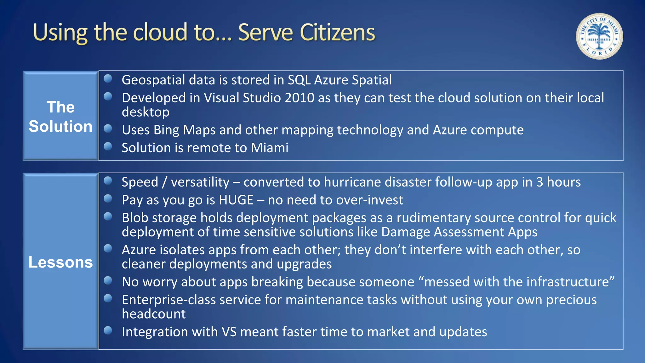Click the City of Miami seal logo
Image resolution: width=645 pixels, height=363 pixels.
[599, 36]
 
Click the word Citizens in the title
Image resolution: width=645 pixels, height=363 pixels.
[337, 32]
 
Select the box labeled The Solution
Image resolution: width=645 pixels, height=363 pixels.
[60, 116]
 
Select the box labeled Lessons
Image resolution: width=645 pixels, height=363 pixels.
[60, 262]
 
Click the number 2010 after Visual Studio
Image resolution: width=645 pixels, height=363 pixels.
[299, 98]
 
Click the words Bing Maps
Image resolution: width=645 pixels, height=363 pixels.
[185, 130]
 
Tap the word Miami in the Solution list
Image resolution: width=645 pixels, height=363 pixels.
[270, 148]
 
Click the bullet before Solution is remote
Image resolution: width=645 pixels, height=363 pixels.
[108, 146]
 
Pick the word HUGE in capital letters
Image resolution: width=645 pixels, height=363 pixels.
[236, 200]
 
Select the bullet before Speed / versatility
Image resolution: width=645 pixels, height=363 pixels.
[108, 181]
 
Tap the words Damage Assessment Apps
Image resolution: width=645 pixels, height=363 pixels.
[459, 232]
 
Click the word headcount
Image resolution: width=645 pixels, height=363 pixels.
[154, 314]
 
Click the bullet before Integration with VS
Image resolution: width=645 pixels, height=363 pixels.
[108, 330]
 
